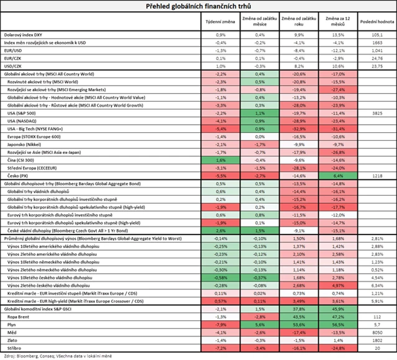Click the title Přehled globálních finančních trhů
198,7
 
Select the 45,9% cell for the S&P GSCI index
337,308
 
